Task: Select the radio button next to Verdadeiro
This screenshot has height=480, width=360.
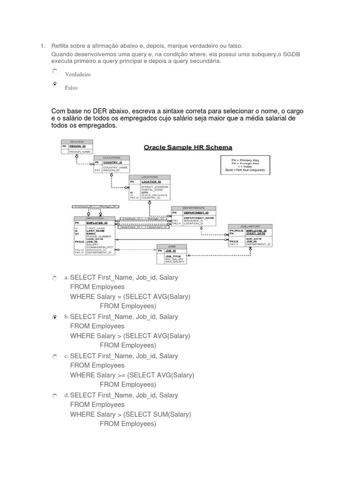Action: click(x=55, y=71)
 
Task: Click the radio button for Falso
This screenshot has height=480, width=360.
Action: click(x=55, y=84)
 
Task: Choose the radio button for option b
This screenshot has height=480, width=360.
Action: click(x=55, y=317)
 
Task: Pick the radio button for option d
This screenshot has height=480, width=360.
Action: click(x=55, y=396)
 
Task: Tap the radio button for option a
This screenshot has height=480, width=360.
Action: click(x=55, y=278)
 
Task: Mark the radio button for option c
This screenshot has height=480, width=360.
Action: click(x=55, y=356)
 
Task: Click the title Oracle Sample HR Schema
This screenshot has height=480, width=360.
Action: click(x=187, y=147)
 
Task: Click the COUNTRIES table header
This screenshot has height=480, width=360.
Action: click(x=112, y=157)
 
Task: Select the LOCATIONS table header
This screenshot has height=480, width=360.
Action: click(x=150, y=177)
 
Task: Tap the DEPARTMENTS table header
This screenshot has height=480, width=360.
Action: click(x=194, y=208)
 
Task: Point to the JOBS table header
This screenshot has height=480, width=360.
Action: click(x=171, y=246)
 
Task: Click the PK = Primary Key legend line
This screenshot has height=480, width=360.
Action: click(x=245, y=160)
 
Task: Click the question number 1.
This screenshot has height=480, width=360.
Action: click(x=42, y=46)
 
